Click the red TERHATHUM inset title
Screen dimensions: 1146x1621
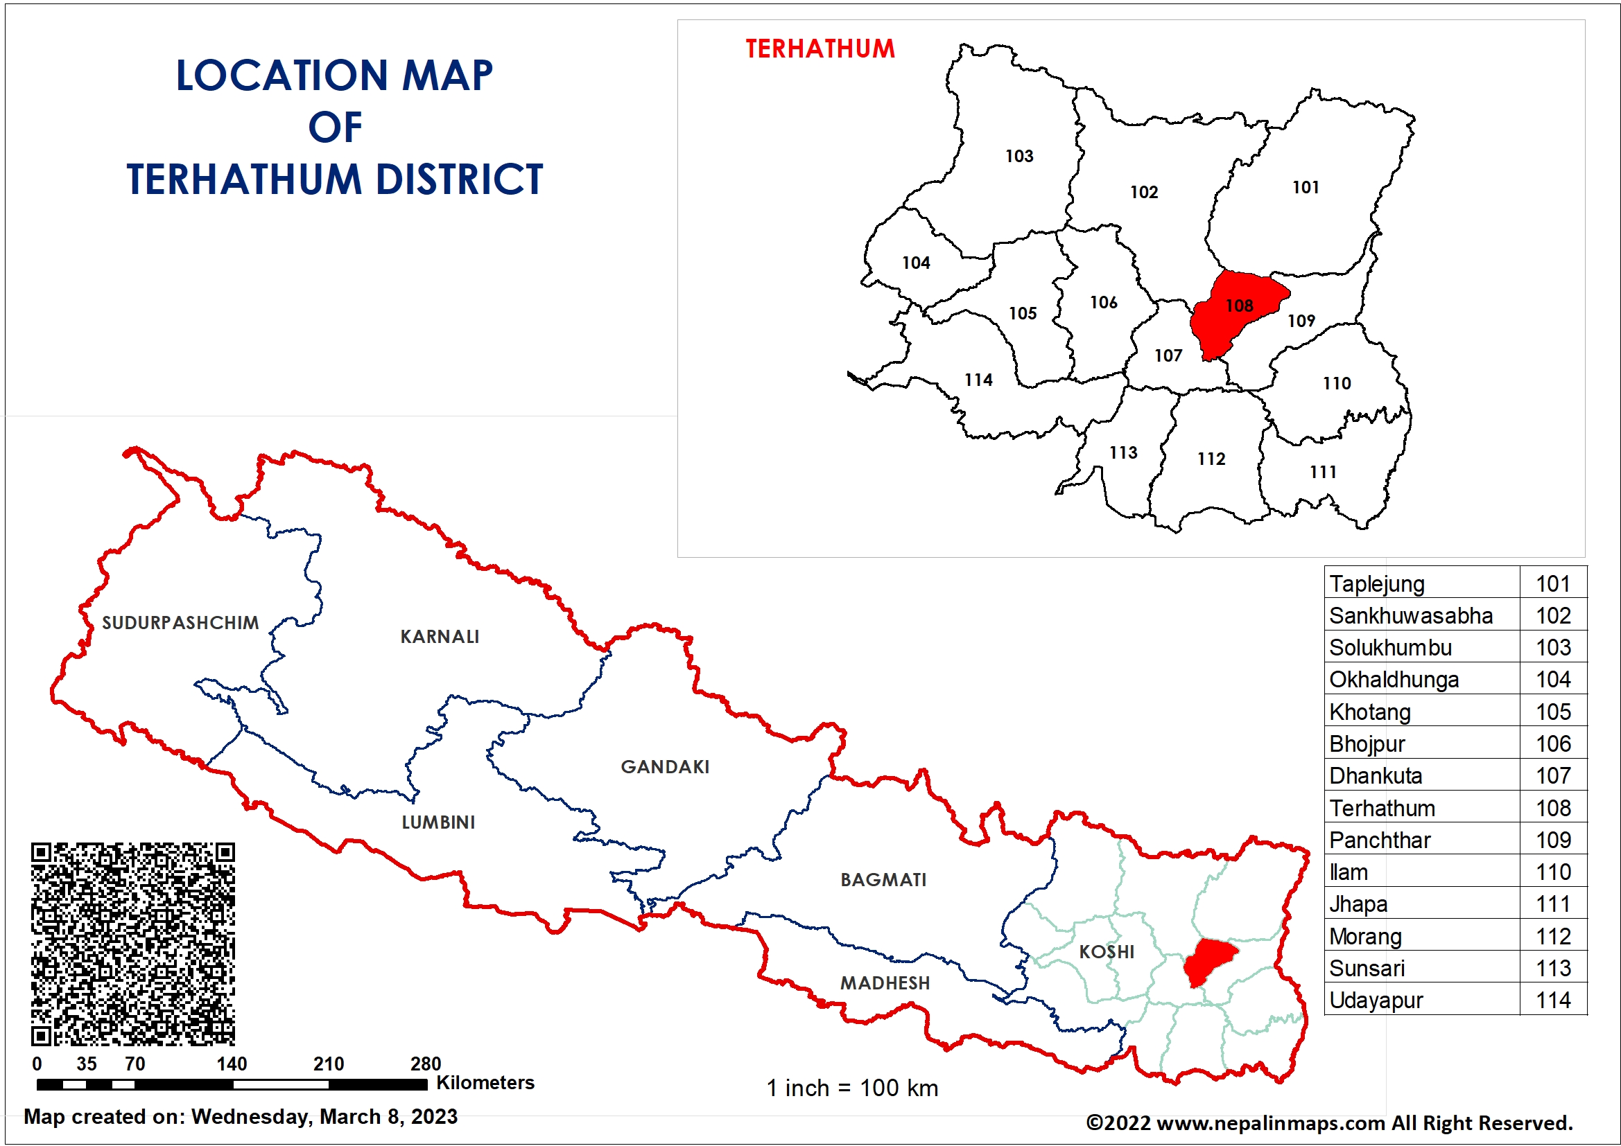coord(820,49)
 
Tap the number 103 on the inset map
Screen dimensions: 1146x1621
coord(1018,156)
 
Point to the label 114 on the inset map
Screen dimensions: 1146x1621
coord(978,380)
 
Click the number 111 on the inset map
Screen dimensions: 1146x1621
coord(1322,472)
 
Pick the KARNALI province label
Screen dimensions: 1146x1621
coord(439,637)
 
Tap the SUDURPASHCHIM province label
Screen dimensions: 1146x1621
coord(180,622)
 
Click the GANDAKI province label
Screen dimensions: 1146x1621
coord(664,766)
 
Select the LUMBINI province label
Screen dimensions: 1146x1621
coord(437,822)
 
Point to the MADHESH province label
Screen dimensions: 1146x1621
coord(885,982)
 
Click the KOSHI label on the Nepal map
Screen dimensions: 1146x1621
coord(1107,951)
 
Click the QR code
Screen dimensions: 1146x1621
coord(132,944)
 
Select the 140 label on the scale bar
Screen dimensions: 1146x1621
coord(232,1064)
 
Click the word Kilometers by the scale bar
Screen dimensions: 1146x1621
coord(485,1082)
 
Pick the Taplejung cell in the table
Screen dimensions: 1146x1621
coord(1377,583)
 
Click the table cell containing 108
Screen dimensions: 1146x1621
coord(1552,808)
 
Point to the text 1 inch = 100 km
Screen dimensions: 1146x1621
coord(852,1087)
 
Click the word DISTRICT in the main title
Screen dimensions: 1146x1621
coord(459,179)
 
